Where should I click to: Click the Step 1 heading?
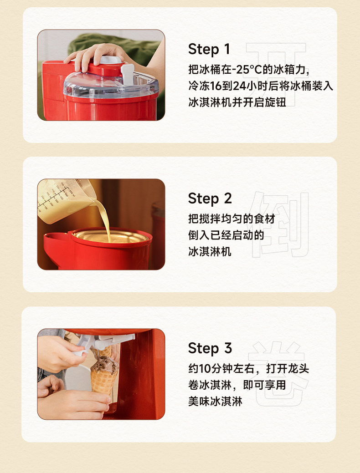(209, 49)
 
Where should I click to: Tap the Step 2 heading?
(210, 198)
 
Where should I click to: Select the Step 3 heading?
(210, 348)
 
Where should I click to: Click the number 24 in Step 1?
(240, 86)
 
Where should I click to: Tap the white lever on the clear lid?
(128, 74)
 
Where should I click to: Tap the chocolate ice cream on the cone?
(104, 365)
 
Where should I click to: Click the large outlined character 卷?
(278, 374)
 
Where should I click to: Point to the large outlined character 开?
(277, 74)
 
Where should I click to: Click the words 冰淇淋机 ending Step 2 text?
(210, 251)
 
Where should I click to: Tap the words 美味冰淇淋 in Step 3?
(216, 402)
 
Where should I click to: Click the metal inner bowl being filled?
(111, 237)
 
